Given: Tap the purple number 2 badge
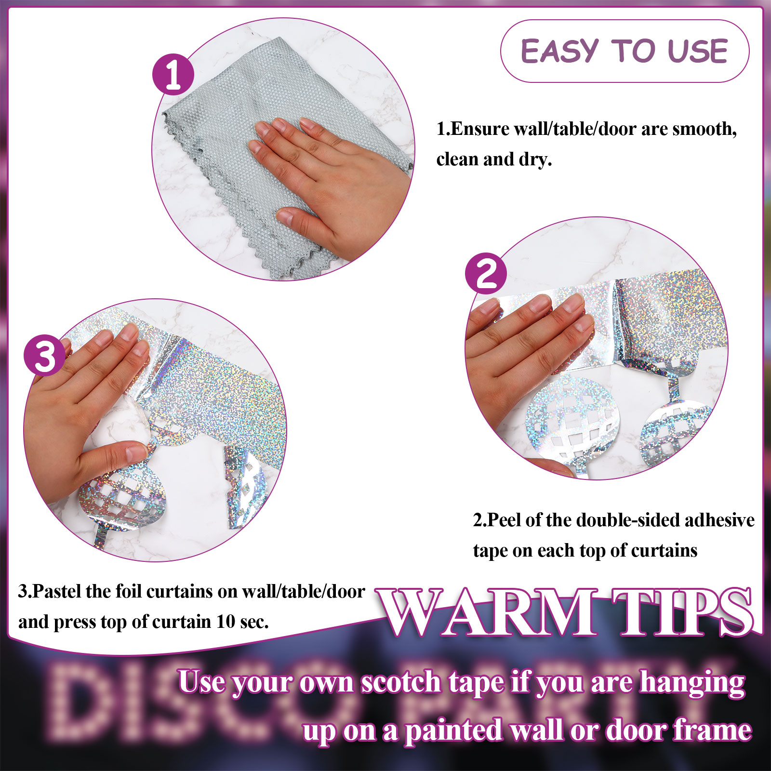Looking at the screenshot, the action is [486, 274].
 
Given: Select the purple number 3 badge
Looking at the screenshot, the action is [45, 356].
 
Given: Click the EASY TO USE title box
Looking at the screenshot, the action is [625, 51].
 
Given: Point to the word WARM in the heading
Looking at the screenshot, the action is [488, 612].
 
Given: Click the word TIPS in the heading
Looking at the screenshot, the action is [684, 612].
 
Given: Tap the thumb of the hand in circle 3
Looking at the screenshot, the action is [116, 455].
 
